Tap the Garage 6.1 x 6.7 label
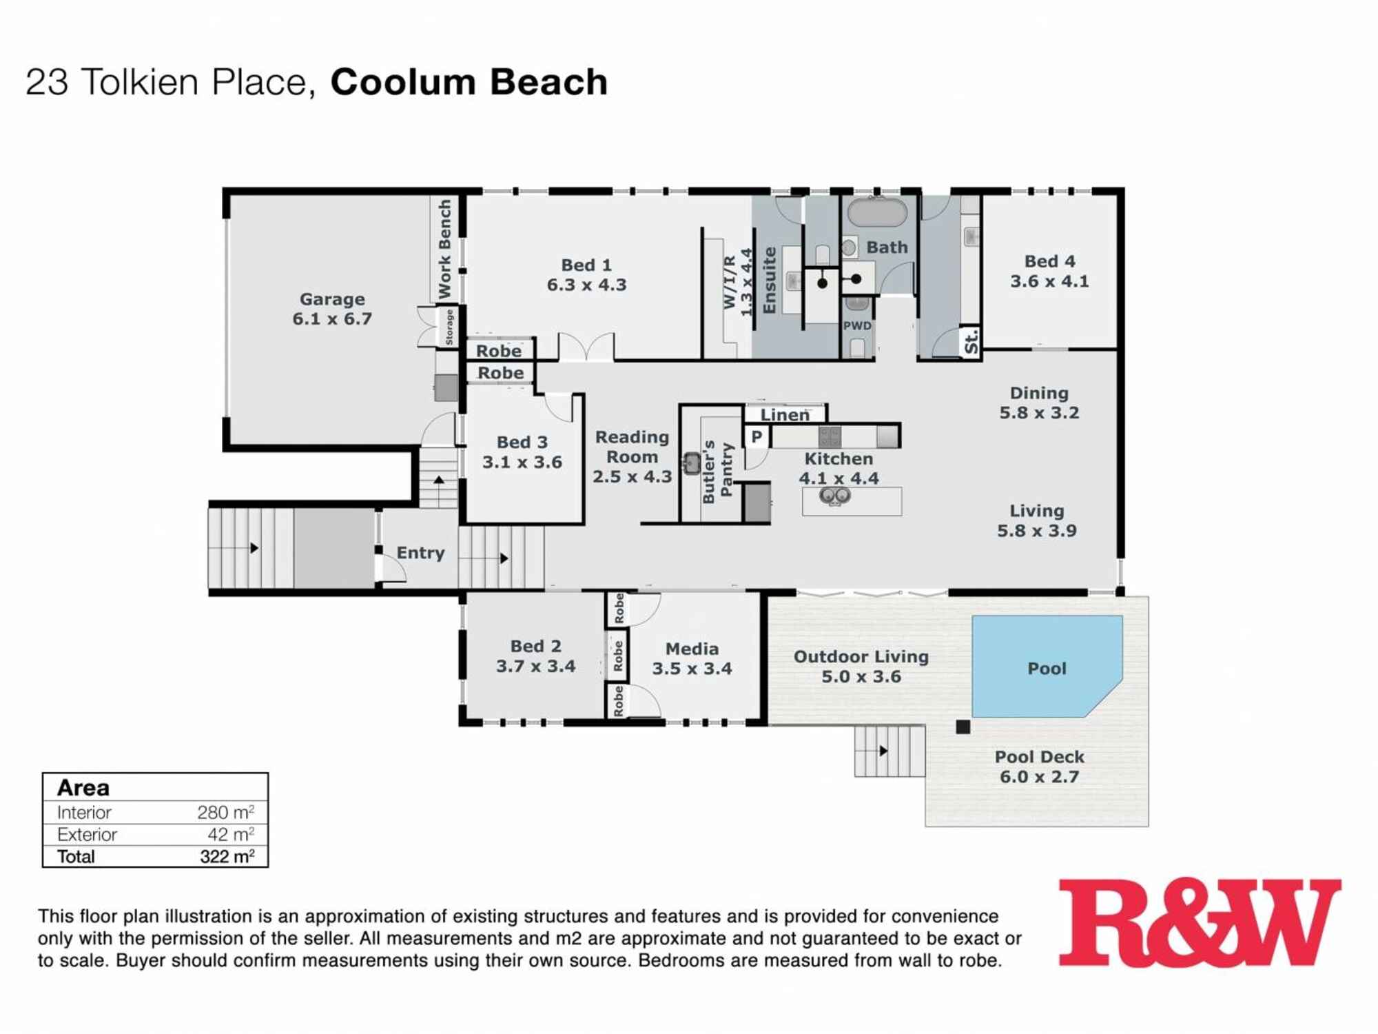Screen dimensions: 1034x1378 tap(332, 309)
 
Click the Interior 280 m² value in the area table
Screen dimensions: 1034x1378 tap(225, 812)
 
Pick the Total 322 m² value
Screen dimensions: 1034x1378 tap(227, 856)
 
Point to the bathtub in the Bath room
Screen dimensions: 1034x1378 tap(876, 213)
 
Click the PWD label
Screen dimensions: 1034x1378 tap(857, 325)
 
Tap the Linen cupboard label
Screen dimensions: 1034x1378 tap(785, 415)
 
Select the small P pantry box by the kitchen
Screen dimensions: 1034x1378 tap(757, 436)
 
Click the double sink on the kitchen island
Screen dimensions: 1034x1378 tap(834, 495)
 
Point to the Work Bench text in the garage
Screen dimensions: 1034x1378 tap(445, 249)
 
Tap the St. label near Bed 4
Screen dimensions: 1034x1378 tap(970, 342)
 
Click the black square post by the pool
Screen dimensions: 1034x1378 tap(963, 727)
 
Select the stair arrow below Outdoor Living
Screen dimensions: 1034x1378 tap(883, 751)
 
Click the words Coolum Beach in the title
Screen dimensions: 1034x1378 tap(469, 81)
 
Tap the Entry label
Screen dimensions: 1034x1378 tap(420, 553)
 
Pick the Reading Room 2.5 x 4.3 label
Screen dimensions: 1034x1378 tap(632, 456)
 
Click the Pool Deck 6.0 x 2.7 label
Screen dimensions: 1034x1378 tap(1039, 767)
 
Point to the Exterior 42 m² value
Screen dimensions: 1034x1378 tap(230, 834)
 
